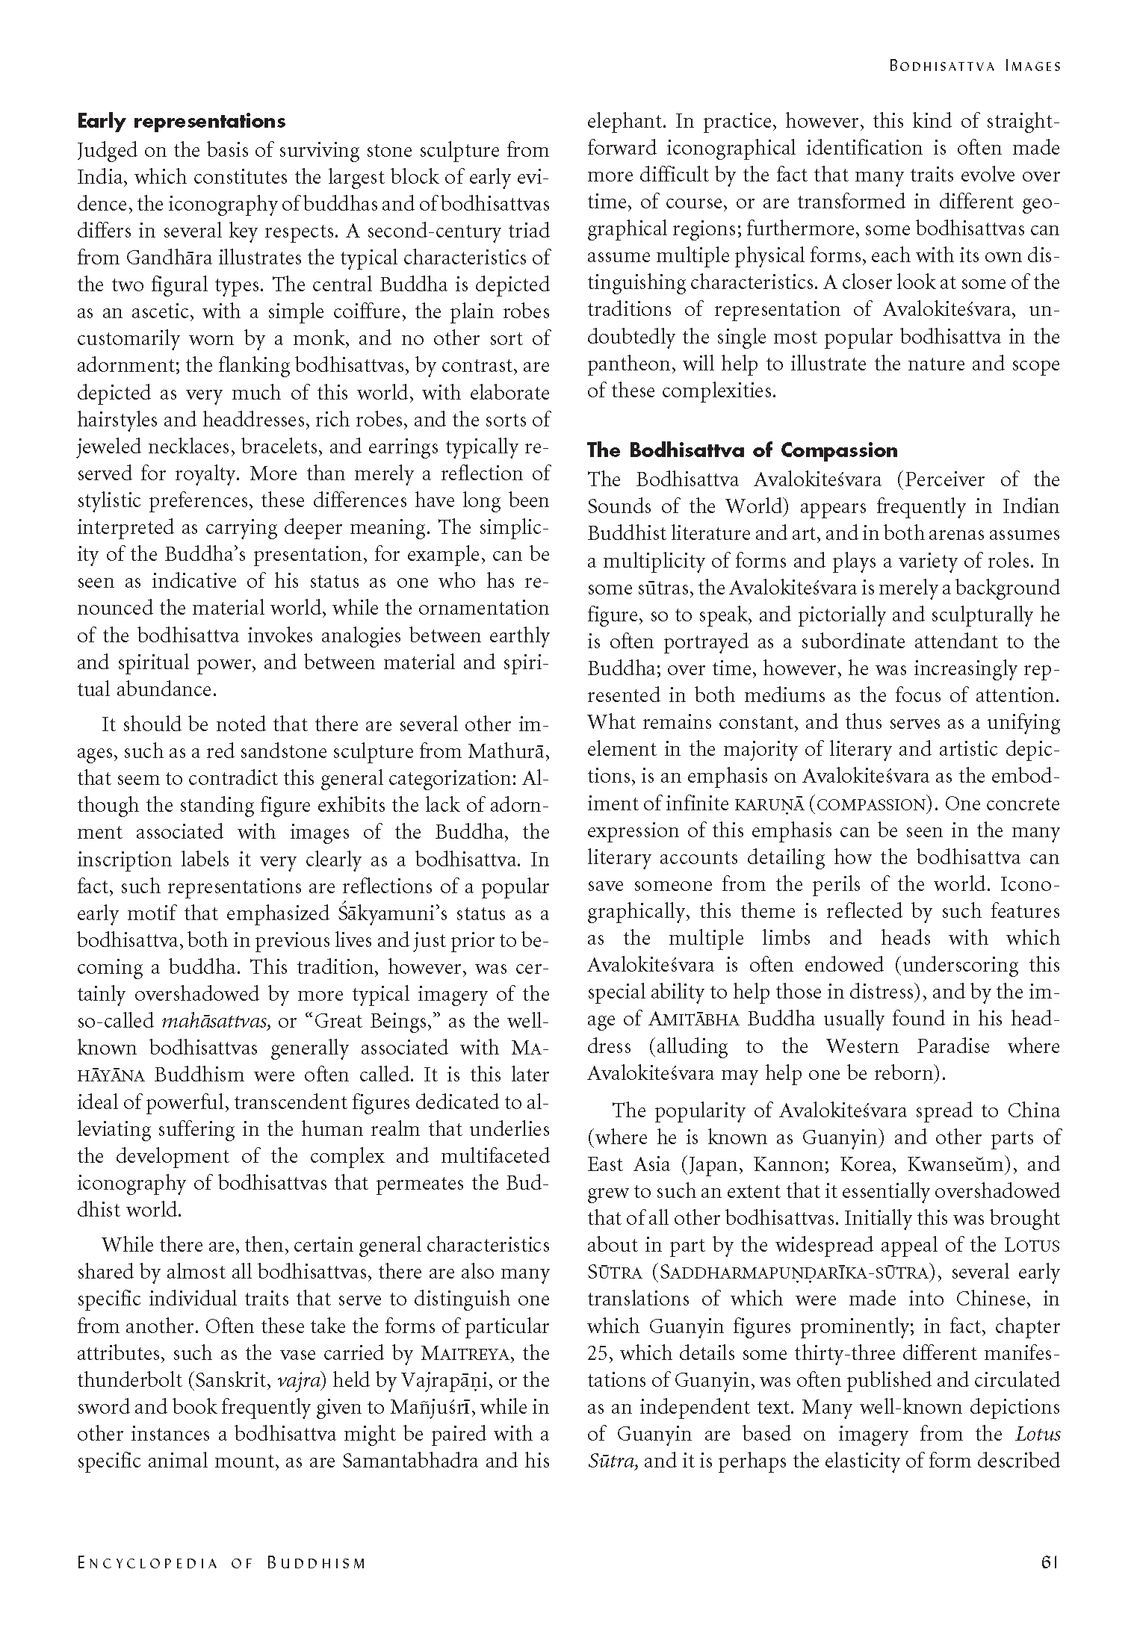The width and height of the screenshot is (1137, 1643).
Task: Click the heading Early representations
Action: pos(182,121)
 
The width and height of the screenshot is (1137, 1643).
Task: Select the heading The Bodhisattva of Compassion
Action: pos(742,450)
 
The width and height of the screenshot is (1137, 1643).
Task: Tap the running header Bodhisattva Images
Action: pos(974,66)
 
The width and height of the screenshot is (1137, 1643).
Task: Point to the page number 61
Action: pos(1050,1562)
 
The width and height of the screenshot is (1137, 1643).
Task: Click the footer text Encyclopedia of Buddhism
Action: pos(222,1563)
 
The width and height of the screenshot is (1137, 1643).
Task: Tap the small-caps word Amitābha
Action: pos(697,1019)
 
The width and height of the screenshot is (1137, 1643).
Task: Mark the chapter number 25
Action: pos(598,1354)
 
